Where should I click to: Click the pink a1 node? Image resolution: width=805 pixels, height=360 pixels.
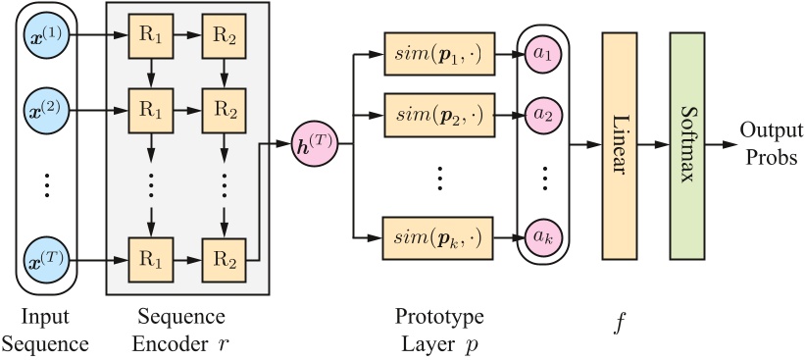coord(542,53)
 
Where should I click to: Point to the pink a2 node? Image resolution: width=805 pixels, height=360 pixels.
coord(542,114)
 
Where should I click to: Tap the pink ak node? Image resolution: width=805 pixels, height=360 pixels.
coord(542,236)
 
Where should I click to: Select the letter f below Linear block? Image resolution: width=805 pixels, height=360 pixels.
coord(620,323)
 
